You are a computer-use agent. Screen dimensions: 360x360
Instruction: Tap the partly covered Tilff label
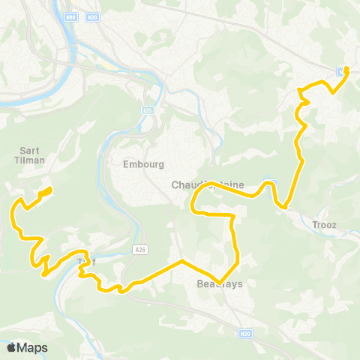86,262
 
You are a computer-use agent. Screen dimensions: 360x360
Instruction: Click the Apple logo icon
12,347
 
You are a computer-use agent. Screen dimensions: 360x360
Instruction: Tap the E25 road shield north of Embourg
148,109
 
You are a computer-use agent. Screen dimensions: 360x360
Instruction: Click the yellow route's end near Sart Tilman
49,188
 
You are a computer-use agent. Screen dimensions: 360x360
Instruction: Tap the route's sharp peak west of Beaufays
182,261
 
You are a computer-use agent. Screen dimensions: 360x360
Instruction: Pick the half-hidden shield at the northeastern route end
342,71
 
